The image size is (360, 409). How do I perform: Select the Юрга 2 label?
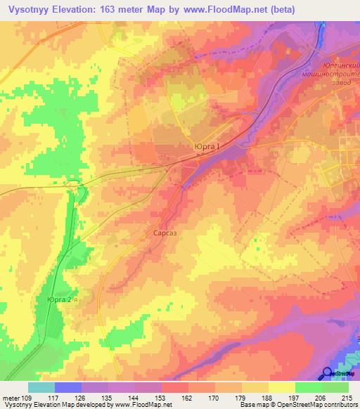tap(60, 299)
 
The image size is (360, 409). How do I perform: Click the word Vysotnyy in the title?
tap(30, 9)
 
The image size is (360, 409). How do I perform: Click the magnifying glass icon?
tap(328, 374)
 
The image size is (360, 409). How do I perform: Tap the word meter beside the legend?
tap(9, 398)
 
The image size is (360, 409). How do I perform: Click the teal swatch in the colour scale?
tap(41, 387)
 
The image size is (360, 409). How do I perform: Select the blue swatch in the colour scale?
tap(68, 387)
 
